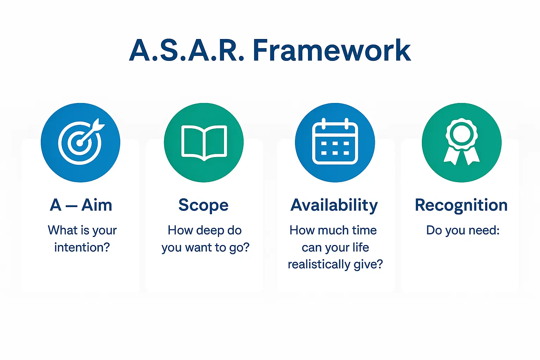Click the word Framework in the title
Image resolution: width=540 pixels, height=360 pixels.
point(332,50)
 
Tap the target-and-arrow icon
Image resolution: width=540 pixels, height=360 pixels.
point(81,142)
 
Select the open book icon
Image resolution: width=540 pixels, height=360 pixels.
point(204,143)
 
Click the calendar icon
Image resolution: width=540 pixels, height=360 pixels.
point(335,141)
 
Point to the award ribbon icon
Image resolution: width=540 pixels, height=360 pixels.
point(461,142)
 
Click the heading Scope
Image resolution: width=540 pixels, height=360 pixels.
point(204,205)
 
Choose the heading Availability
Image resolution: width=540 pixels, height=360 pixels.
point(334,205)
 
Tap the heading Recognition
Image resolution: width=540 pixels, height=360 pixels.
point(461,205)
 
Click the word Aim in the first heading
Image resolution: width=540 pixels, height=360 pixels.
point(97,205)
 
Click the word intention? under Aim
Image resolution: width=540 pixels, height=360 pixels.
point(82,247)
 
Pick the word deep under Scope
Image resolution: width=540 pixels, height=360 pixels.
point(210,230)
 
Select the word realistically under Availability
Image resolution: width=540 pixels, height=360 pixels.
point(319,264)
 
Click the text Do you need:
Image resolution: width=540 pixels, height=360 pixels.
point(463,230)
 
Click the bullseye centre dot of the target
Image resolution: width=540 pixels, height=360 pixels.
point(79,143)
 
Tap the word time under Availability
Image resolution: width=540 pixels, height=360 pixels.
point(364,230)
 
